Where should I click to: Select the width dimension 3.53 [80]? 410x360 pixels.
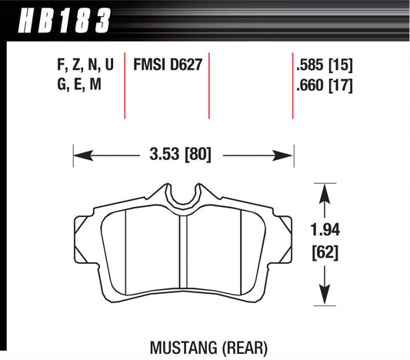click(183, 154)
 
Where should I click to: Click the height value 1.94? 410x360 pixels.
click(328, 228)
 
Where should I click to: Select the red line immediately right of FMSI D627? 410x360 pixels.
click(209, 86)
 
